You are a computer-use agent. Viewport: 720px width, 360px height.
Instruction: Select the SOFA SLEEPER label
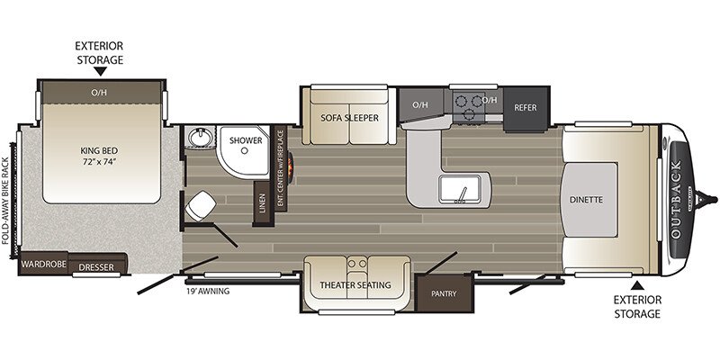348,118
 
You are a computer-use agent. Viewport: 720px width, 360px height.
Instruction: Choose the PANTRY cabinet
444,293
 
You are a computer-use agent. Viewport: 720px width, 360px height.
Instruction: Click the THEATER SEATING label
355,285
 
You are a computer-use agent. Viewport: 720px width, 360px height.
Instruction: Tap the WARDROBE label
42,266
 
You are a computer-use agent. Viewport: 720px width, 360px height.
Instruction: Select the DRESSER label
96,266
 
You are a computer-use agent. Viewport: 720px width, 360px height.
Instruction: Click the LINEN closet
261,202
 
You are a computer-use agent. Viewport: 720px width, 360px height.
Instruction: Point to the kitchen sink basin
461,192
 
